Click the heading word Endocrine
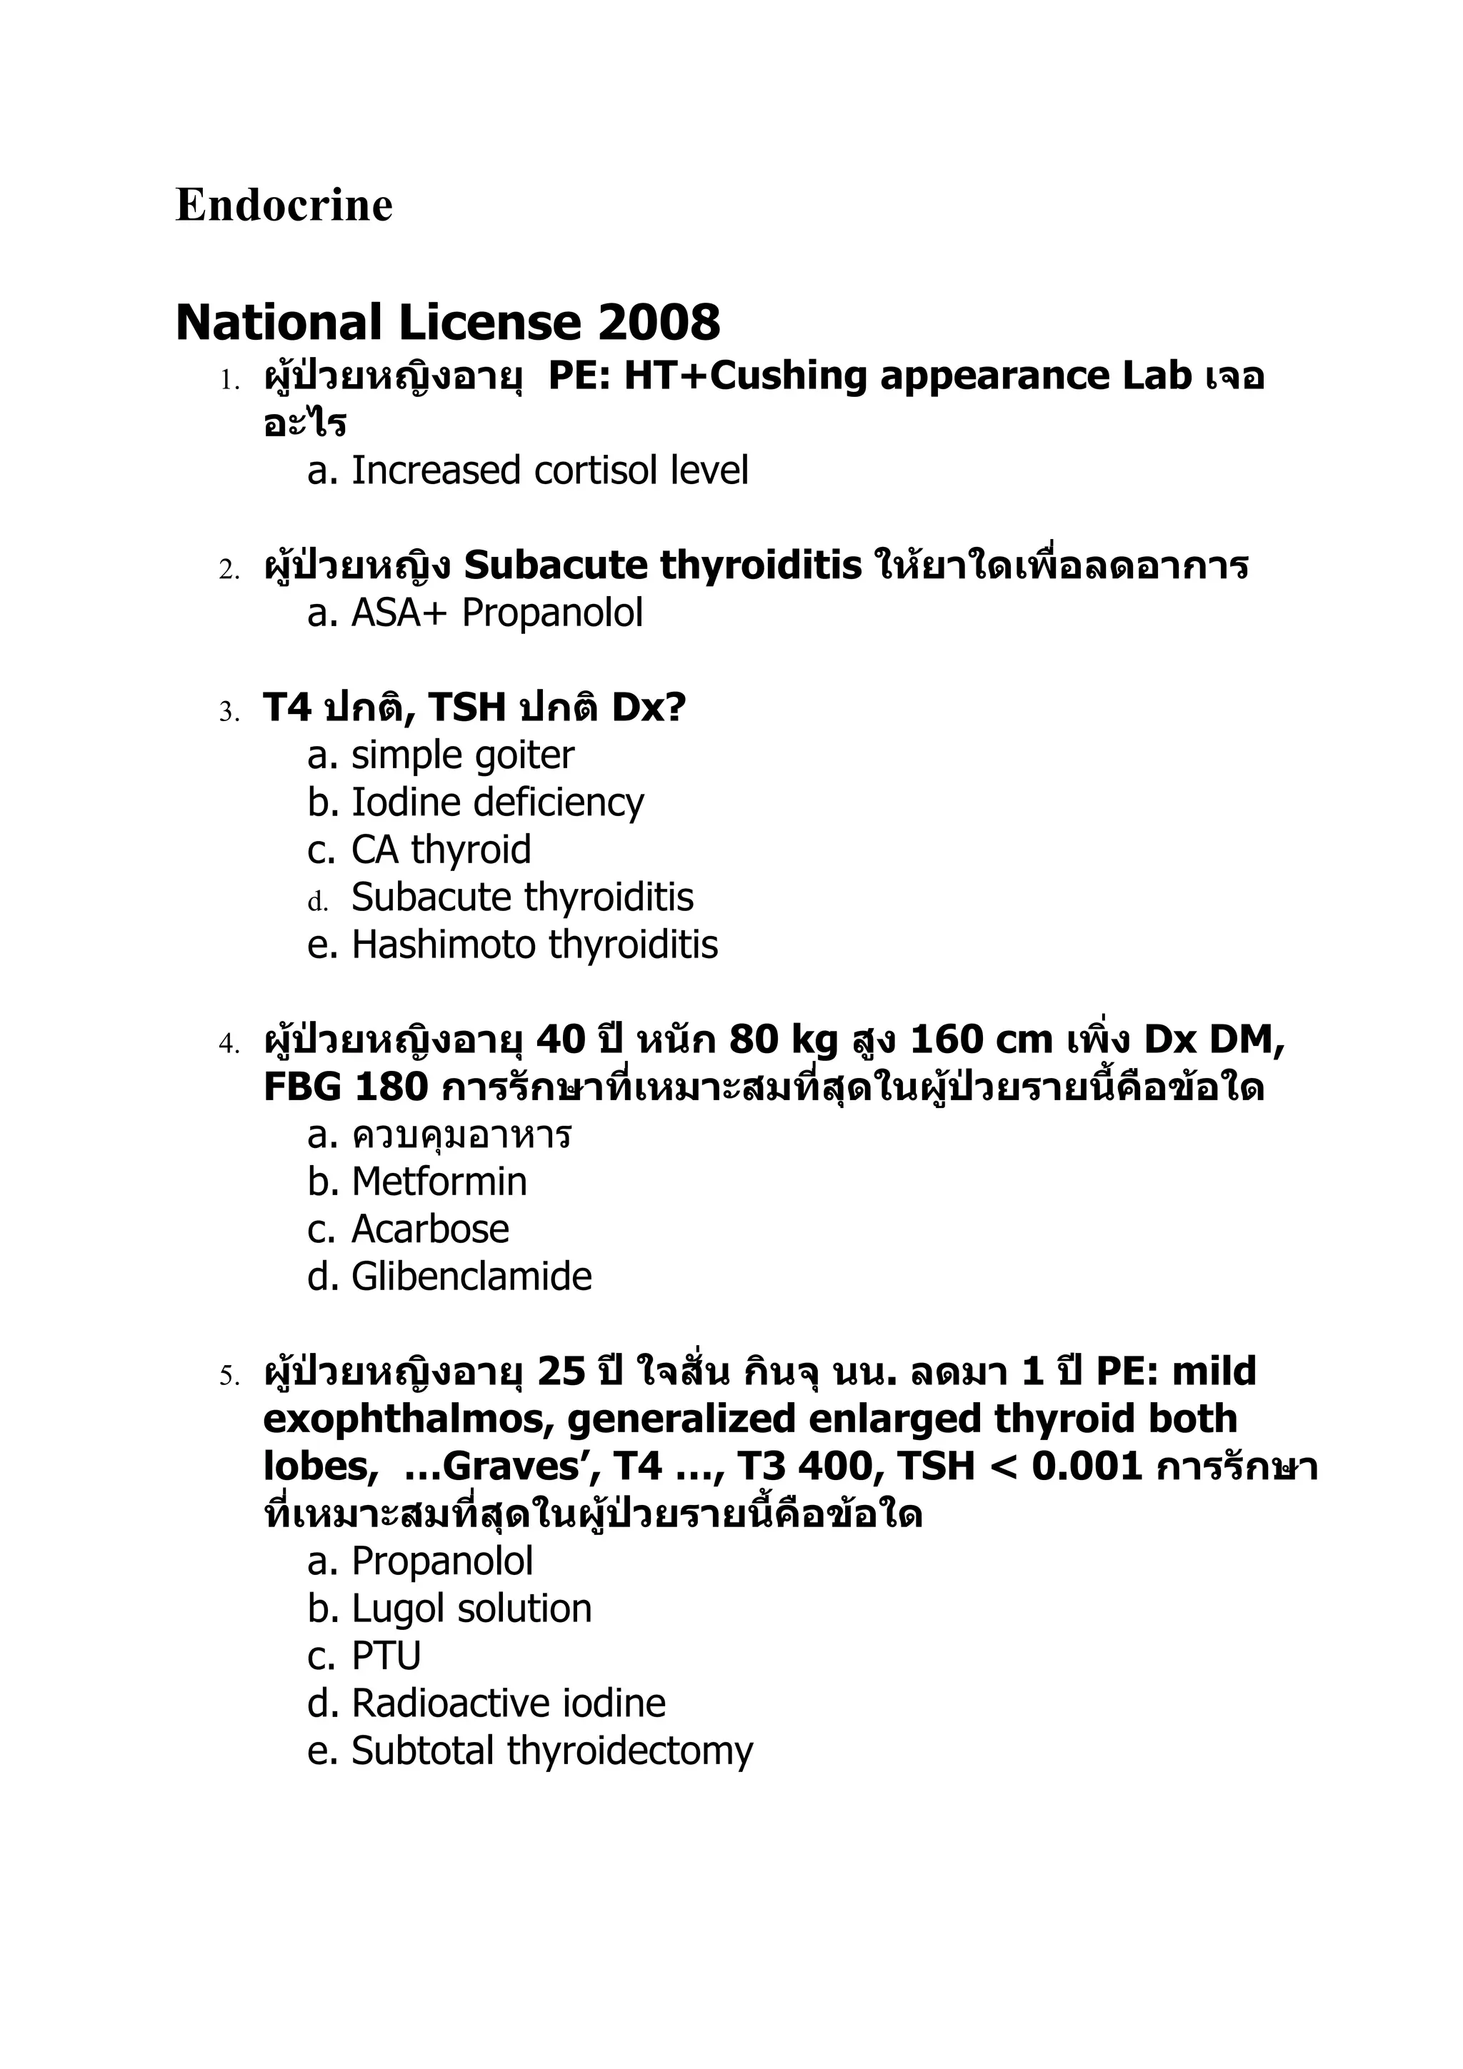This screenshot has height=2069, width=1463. coord(284,206)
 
